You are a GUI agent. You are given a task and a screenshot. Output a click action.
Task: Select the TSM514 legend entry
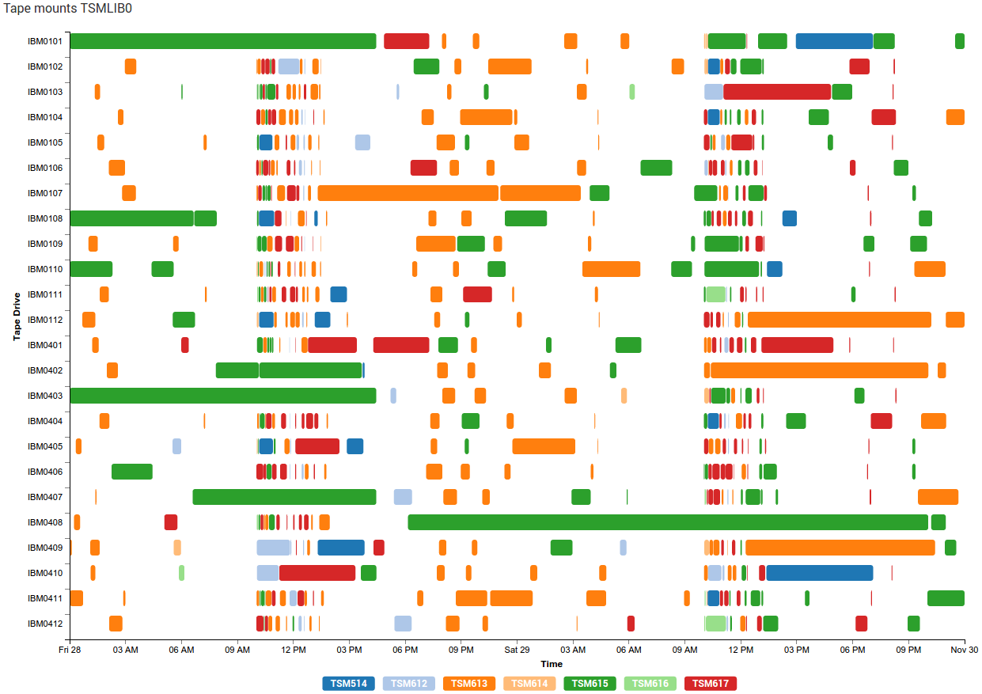click(x=349, y=683)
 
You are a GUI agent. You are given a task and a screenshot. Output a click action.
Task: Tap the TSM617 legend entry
click(x=711, y=683)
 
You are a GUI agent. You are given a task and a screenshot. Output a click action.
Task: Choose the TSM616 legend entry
click(x=650, y=683)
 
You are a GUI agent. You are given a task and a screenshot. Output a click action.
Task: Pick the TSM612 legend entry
click(x=409, y=683)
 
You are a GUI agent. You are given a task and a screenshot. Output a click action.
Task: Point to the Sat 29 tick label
click(x=517, y=650)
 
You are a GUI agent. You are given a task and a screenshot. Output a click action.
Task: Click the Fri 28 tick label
click(x=70, y=650)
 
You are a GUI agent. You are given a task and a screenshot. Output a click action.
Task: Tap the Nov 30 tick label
click(x=964, y=650)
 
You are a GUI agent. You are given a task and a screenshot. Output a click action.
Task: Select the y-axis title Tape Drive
click(x=17, y=317)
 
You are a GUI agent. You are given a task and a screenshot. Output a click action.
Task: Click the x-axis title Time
click(x=552, y=664)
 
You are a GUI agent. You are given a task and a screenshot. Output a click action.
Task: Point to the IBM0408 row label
click(x=45, y=522)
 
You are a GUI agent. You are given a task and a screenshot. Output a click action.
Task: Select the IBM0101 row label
click(x=45, y=41)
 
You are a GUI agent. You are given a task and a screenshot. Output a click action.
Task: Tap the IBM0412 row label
click(x=45, y=624)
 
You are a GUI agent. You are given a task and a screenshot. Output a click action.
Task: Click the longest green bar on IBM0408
click(x=667, y=522)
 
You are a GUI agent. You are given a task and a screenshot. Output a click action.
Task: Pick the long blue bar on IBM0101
click(x=834, y=41)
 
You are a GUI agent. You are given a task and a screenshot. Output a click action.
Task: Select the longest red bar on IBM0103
click(x=776, y=92)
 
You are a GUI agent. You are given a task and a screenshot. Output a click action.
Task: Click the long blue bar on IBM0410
click(x=819, y=573)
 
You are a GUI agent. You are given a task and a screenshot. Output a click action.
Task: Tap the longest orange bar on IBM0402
click(x=819, y=370)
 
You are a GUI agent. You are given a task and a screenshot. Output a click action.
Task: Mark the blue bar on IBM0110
click(x=774, y=269)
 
